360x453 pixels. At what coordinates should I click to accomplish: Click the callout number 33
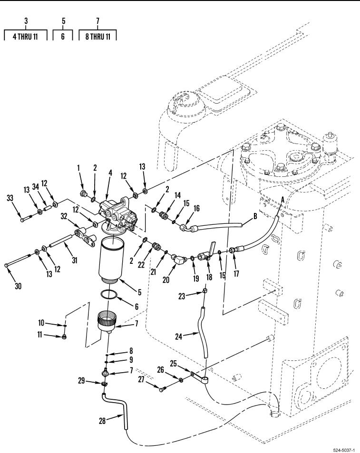point(10,198)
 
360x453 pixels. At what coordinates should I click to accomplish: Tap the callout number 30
point(18,286)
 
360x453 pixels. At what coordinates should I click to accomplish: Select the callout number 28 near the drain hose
point(102,421)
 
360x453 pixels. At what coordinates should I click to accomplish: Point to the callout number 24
point(178,337)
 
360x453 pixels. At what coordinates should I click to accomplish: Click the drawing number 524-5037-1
point(344,450)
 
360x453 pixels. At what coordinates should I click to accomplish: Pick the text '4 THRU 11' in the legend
point(25,37)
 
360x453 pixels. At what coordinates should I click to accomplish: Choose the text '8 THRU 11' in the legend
point(97,37)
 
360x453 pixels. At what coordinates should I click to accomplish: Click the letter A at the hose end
point(282,199)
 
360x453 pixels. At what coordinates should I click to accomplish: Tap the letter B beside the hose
point(255,216)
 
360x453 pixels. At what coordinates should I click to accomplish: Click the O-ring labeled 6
point(109,294)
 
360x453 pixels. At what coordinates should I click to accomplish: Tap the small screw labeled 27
point(161,389)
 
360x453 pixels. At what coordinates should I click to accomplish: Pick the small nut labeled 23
point(204,290)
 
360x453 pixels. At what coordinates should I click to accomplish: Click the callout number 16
point(196,208)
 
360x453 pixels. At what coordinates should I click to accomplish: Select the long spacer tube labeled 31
point(61,241)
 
